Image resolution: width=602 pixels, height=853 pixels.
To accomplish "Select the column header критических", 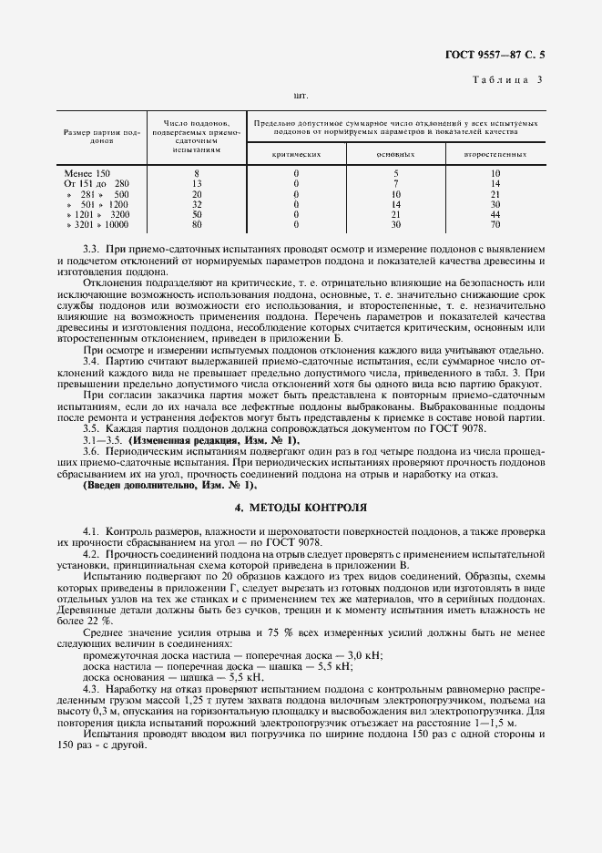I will click(296, 154).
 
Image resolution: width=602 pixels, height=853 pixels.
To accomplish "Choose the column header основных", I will click(395, 154).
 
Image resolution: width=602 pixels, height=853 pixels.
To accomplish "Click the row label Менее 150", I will click(87, 173).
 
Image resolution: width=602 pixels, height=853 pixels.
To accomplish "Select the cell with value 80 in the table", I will click(197, 224).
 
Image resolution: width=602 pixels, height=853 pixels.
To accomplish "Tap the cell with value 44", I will click(495, 214).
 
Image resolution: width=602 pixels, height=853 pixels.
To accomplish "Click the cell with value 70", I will click(495, 224).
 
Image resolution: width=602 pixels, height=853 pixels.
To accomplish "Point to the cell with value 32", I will click(197, 204).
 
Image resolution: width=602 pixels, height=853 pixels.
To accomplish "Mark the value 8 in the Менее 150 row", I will click(197, 173).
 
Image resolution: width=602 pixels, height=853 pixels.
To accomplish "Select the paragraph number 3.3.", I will click(90, 249).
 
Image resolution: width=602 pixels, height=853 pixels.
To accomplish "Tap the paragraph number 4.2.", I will click(90, 554).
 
